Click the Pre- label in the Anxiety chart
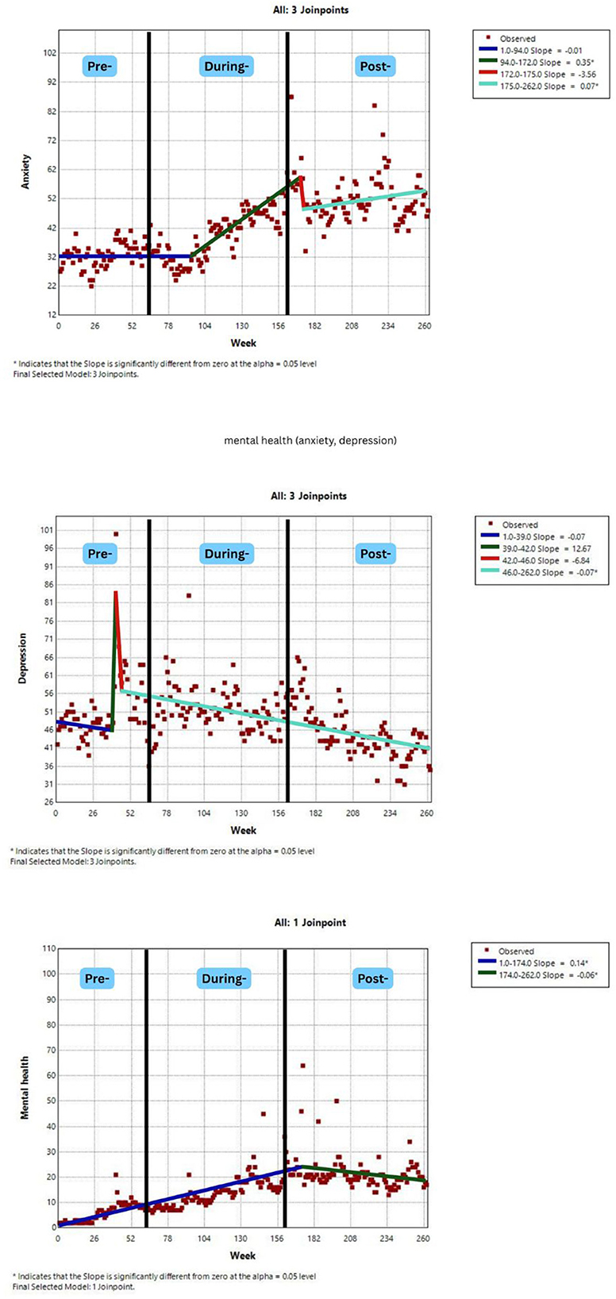pos(98,67)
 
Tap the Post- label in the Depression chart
pos(375,553)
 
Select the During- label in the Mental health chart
pos(225,978)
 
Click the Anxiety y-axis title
pos(25,171)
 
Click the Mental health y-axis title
pos(25,1087)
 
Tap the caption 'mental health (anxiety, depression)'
pos(310,440)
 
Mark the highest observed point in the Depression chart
pos(116,534)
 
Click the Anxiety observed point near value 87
pos(291,97)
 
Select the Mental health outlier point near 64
pos(302,1066)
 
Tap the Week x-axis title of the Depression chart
pos(243,830)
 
